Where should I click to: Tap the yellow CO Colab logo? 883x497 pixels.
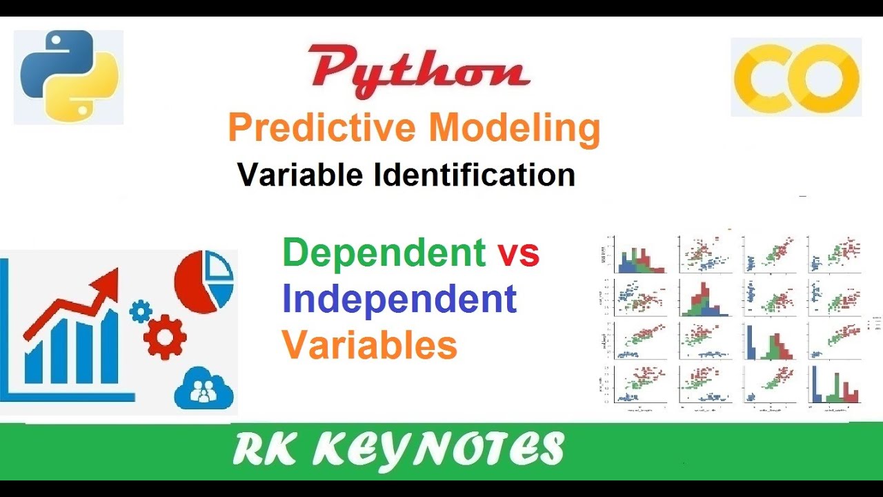[x=796, y=77]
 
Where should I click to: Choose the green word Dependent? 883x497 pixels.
[x=384, y=253]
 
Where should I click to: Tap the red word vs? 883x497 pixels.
[x=519, y=253]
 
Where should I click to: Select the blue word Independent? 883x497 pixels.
[x=399, y=299]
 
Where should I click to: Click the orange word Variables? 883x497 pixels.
[x=370, y=344]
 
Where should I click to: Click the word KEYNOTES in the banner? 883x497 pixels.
[x=439, y=449]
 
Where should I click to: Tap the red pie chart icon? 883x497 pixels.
[x=204, y=282]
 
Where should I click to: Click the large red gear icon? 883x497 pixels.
[x=165, y=338]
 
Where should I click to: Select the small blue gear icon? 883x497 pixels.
[x=141, y=311]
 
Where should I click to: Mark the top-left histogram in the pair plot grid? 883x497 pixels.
[x=639, y=255]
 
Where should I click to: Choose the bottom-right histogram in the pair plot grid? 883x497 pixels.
[x=833, y=385]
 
